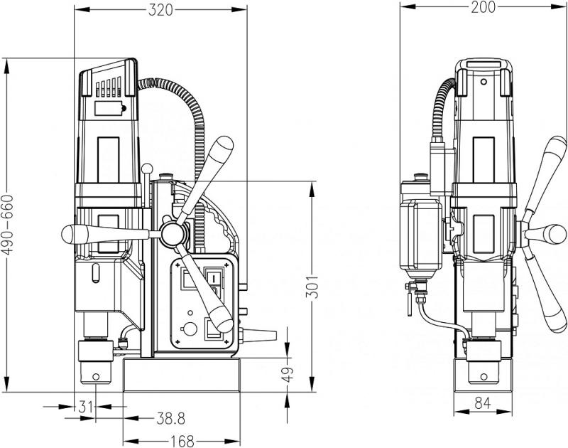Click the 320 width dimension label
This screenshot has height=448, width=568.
click(x=161, y=10)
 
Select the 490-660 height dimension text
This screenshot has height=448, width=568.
click(x=8, y=225)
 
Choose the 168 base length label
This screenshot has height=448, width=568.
click(x=182, y=441)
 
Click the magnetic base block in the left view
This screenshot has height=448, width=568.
click(x=182, y=375)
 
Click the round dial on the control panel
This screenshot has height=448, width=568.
click(x=189, y=329)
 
